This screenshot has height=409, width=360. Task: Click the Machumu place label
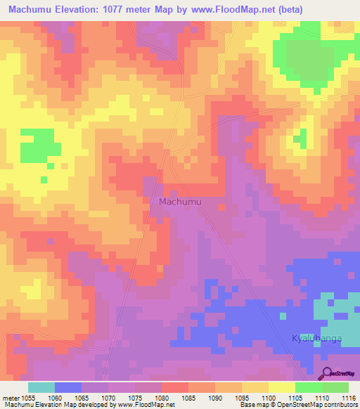181,202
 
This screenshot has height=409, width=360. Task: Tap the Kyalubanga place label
316,339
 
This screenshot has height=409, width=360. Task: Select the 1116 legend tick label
349,397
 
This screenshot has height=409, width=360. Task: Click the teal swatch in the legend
41,387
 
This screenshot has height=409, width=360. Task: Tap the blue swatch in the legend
68,387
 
